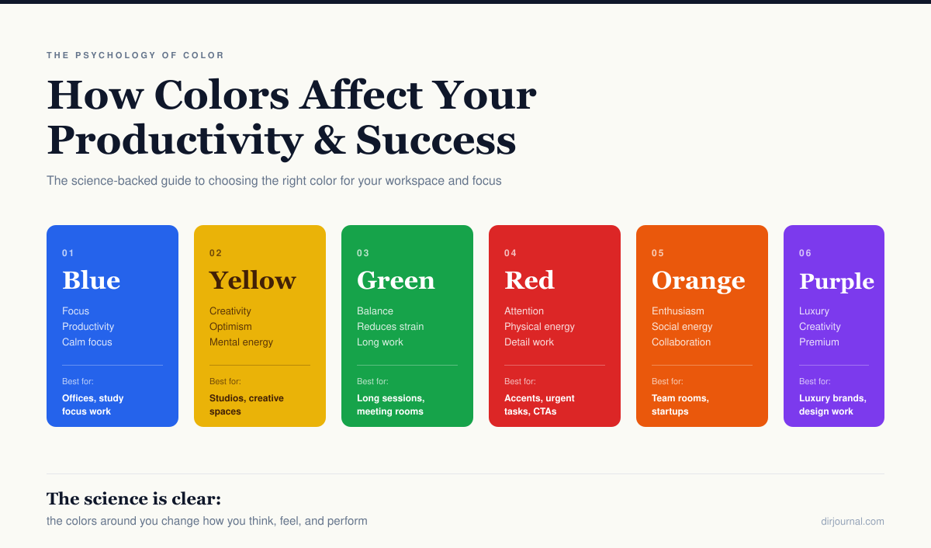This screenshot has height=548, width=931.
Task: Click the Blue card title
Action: click(91, 280)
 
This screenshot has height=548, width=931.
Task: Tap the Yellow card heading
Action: click(252, 280)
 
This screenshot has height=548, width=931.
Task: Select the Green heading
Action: click(396, 280)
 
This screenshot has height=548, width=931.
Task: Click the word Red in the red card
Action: click(529, 280)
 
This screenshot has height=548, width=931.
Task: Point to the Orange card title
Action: click(698, 280)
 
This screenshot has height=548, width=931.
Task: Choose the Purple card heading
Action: click(836, 281)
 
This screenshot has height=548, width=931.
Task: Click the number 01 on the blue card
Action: click(68, 253)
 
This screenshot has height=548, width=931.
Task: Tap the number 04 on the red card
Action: click(510, 253)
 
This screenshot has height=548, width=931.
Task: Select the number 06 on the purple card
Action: click(805, 253)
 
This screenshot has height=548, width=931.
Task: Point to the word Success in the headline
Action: click(436, 140)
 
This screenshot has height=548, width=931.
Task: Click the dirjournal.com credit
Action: click(852, 522)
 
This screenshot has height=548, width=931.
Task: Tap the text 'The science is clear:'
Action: click(133, 498)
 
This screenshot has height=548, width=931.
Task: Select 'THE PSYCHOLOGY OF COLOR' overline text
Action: click(135, 56)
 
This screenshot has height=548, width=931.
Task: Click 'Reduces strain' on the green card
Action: click(390, 327)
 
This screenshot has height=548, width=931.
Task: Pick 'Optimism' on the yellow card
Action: click(230, 327)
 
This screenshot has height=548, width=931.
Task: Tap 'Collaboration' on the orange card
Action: click(681, 342)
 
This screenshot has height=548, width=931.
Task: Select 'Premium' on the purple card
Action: click(819, 342)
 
